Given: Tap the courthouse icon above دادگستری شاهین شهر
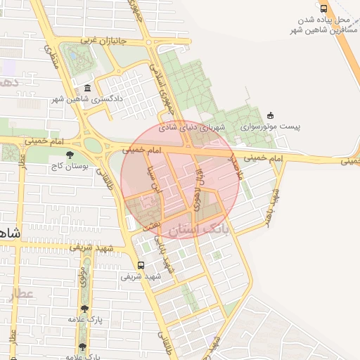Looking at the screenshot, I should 87,88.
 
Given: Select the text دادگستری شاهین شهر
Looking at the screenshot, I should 87,99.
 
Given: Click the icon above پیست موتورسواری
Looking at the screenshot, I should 271,115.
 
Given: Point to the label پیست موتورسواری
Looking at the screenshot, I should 270,127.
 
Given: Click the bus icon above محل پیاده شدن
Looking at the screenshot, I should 323,8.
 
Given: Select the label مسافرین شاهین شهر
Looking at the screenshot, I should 321,31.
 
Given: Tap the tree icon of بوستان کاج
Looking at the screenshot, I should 69,155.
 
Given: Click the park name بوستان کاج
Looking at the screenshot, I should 66,167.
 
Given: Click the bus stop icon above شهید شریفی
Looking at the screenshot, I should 141,265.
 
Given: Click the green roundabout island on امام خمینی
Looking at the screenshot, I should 92,145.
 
